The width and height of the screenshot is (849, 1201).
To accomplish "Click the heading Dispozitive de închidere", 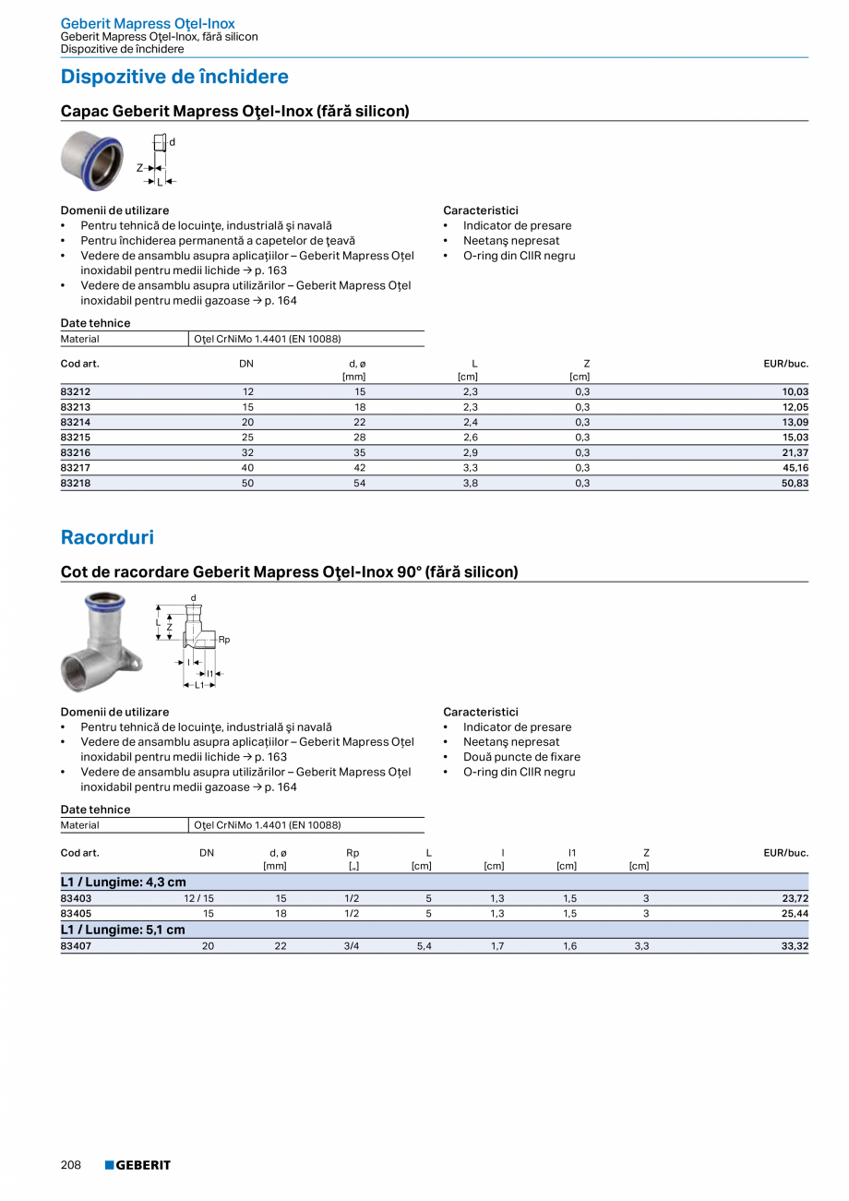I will point(174,77).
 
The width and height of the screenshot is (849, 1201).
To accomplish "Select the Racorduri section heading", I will point(107,537).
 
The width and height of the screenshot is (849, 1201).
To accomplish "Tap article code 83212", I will point(76,391).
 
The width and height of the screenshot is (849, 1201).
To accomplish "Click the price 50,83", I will point(795,483).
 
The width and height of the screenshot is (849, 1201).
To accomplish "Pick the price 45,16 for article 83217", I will point(795,468).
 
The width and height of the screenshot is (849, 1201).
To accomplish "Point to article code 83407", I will point(76,946).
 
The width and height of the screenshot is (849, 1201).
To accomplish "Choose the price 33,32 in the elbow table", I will point(795,946).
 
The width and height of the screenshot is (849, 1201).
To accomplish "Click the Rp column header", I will point(353,853).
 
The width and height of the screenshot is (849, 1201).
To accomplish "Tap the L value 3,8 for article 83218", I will point(470,483).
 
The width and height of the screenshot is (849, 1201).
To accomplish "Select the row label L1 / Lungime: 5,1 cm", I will point(123,930).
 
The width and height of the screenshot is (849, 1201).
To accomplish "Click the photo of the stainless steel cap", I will point(92,160).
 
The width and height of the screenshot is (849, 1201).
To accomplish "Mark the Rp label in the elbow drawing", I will point(224,639).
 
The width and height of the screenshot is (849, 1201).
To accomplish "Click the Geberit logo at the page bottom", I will point(138,1165).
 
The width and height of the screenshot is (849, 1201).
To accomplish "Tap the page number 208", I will point(71,1165).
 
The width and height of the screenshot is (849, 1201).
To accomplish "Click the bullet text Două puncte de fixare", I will point(521,757).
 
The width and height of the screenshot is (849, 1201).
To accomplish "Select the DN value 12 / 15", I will point(198,898).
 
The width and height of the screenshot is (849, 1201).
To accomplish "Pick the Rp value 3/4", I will point(352,946).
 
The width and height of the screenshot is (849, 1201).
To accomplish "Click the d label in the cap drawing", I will point(172,142).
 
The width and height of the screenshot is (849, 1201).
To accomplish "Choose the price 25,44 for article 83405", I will point(795,914).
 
